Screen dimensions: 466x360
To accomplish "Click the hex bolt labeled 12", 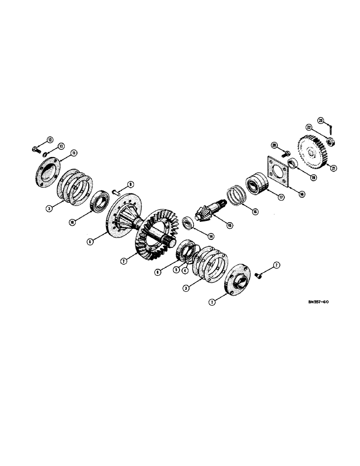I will point(36,150).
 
